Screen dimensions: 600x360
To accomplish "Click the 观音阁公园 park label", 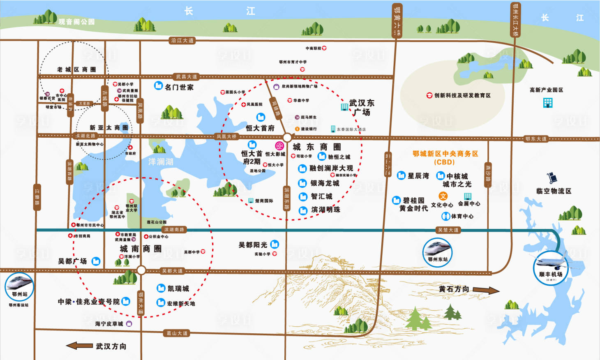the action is coord(76,22).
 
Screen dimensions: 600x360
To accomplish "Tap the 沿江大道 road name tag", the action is coord(182,40).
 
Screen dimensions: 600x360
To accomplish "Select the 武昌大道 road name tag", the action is coord(186,76).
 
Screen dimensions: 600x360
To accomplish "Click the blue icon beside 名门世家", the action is coord(158,85).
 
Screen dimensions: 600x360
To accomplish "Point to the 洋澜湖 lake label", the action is coord(161,162).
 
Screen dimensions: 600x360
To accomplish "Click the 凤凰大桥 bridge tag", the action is coord(226,136).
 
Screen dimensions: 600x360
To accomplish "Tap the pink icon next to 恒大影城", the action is coord(279,146).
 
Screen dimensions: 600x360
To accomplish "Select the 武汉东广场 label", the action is coord(362,107).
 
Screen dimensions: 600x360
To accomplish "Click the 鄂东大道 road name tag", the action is coord(536,139).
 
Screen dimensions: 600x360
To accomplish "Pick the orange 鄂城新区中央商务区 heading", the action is coord(445,154).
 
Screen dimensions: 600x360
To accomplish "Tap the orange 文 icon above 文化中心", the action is coord(443,196).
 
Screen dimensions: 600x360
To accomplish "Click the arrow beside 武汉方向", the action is coord(79,346).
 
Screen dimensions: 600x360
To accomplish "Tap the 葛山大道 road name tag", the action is coord(177,333).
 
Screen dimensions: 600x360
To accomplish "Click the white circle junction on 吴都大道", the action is coord(141,270).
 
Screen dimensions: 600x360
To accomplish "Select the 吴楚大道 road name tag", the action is coord(448,230).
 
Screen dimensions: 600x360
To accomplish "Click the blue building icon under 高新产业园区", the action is coord(548,103).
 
